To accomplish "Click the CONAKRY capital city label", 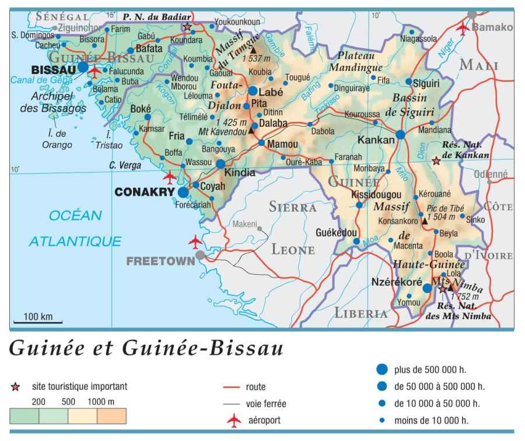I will pyautogui.click(x=146, y=191).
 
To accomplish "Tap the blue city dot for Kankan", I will pyautogui.click(x=401, y=135).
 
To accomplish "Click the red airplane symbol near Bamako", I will pyautogui.click(x=464, y=27).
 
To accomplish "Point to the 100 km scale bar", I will pyautogui.click(x=38, y=321).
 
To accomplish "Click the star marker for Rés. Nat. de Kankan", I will pyautogui.click(x=436, y=160).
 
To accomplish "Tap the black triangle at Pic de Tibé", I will pyautogui.click(x=424, y=221).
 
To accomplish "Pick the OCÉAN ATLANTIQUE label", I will pyautogui.click(x=76, y=228).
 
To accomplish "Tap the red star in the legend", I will pyautogui.click(x=16, y=387).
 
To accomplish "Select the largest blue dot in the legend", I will pyautogui.click(x=382, y=369).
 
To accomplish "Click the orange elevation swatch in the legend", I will pyautogui.click(x=111, y=416).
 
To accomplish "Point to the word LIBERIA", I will pyautogui.click(x=361, y=313).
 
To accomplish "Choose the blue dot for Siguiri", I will pyautogui.click(x=409, y=82).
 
